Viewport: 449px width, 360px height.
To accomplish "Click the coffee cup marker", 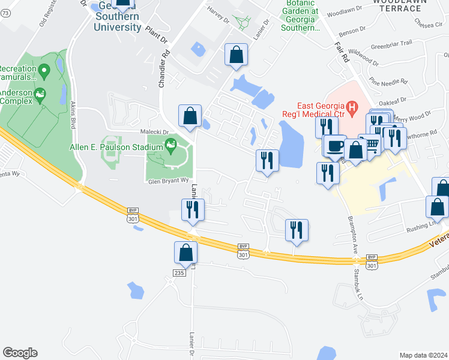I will [x=334, y=145].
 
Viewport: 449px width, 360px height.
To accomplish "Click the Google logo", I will [x=20, y=353].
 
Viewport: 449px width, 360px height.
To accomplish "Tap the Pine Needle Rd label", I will [x=389, y=79].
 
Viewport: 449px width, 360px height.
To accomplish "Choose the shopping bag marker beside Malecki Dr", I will [x=190, y=115].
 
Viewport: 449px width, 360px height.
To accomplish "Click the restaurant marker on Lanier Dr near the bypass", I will [x=193, y=210].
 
